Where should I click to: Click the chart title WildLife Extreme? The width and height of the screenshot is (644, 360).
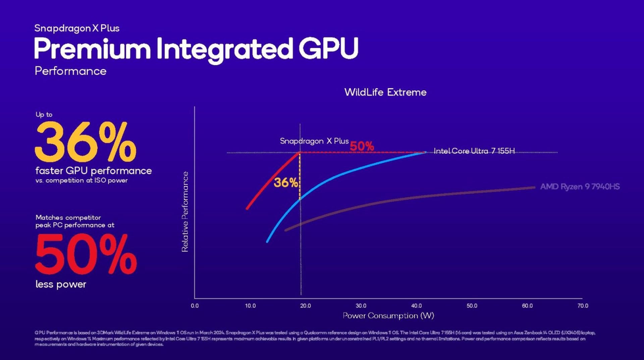[385, 92]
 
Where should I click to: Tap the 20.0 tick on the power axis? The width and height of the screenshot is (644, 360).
[305, 306]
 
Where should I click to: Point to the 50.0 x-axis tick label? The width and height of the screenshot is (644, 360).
[472, 306]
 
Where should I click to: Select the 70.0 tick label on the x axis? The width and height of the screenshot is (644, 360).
[583, 306]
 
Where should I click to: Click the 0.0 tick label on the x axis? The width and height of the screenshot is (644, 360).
[195, 306]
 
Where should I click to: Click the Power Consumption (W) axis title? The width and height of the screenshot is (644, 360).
[388, 315]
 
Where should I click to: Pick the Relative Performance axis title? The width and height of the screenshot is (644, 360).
[185, 212]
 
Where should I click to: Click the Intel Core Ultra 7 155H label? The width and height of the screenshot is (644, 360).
[474, 151]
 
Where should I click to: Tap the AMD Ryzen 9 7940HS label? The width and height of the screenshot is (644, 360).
[580, 187]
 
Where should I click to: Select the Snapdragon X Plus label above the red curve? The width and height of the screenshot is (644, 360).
[314, 141]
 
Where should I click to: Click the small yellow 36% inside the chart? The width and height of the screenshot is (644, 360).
[285, 183]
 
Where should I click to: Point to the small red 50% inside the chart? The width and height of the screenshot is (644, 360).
[362, 146]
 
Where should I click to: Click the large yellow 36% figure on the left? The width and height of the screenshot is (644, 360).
[85, 142]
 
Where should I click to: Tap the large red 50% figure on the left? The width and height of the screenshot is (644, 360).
[86, 254]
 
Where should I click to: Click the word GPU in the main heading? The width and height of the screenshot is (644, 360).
[328, 49]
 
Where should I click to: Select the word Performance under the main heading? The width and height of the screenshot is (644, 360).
[70, 71]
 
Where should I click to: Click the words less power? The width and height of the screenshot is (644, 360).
[61, 284]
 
